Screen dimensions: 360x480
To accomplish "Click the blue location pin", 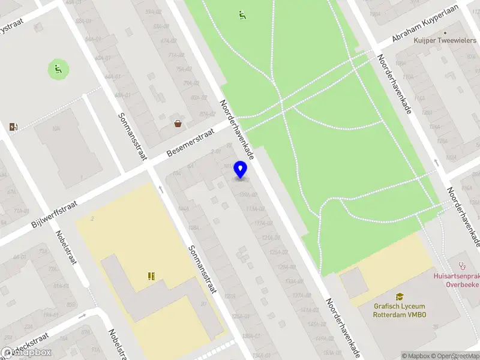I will (x=241, y=169).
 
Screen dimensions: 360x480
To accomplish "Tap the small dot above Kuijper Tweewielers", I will (x=445, y=33).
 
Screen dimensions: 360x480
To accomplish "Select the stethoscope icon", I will (x=462, y=264).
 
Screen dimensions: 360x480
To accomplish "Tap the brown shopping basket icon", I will (x=178, y=124).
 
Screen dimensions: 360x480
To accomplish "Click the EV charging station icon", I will (x=14, y=127).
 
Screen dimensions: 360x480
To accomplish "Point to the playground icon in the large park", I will (x=242, y=14).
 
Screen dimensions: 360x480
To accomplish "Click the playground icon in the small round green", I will (x=58, y=68).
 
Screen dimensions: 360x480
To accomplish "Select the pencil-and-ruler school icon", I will (x=151, y=276).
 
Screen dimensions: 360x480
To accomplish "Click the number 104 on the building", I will (x=56, y=128).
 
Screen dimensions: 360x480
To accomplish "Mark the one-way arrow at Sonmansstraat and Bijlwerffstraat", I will (x=161, y=189).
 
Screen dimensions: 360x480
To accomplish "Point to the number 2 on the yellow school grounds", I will (x=92, y=219).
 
